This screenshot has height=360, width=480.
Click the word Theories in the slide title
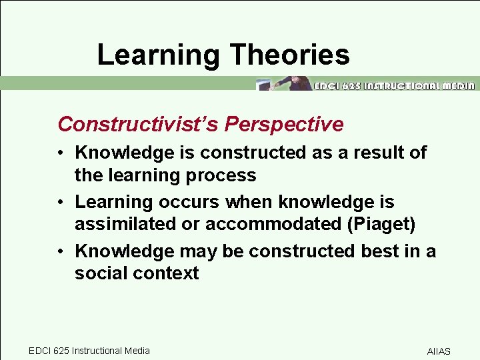pyautogui.click(x=291, y=55)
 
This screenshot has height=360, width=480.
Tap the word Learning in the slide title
pyautogui.click(x=158, y=55)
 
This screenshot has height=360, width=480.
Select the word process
pyautogui.click(x=223, y=175)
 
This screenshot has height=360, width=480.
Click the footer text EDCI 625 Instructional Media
pyautogui.click(x=89, y=351)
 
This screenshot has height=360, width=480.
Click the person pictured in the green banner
pyautogui.click(x=294, y=83)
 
